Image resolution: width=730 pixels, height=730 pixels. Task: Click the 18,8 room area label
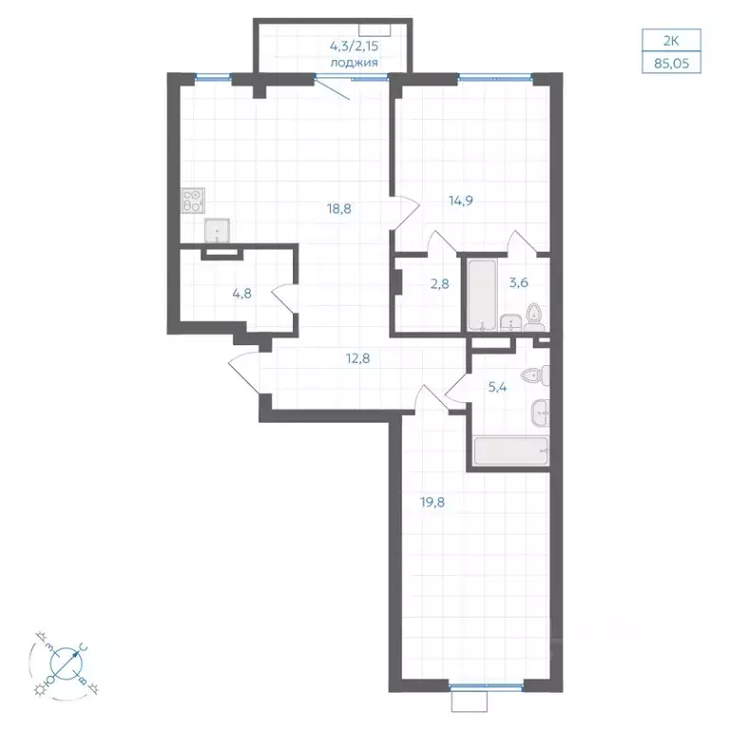[339, 208]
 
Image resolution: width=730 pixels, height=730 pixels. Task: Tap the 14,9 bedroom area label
[461, 201]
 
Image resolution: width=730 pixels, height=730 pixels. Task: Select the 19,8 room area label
[432, 502]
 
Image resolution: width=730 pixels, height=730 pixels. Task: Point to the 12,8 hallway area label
[358, 358]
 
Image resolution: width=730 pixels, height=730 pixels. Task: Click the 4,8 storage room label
[242, 294]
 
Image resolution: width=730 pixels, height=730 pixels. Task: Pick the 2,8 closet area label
[439, 283]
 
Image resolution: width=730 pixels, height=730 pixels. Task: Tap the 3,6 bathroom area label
[519, 282]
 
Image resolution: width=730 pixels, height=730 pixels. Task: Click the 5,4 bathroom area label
[497, 388]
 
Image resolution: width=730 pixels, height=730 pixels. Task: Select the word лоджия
[354, 63]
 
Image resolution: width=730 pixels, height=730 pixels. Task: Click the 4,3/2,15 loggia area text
[354, 46]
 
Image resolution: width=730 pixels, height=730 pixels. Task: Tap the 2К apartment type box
[671, 41]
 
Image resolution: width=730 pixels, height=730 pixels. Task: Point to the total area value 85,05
[671, 63]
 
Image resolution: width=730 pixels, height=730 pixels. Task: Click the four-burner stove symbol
[193, 201]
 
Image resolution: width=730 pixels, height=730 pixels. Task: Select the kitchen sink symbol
[217, 231]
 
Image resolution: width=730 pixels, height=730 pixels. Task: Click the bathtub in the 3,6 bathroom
[482, 296]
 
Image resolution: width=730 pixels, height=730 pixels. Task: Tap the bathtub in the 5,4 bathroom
[511, 451]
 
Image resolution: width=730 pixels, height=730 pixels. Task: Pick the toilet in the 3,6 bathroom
[534, 317]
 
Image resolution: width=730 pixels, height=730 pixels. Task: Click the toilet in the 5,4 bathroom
[535, 375]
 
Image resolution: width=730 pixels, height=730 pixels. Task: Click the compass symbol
[67, 662]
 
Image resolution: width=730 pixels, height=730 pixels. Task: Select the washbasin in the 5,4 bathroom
[540, 413]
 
